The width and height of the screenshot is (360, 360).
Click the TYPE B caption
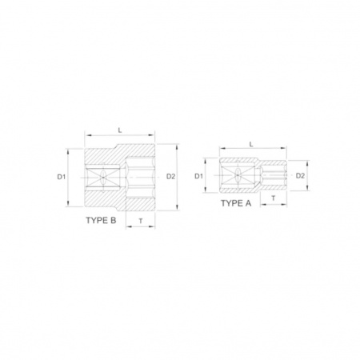point(101,221)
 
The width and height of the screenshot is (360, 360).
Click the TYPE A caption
point(236,203)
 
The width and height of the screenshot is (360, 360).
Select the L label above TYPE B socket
point(120,130)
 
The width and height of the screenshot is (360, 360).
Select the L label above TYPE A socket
point(251,144)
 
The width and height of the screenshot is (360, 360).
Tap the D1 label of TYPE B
point(62,177)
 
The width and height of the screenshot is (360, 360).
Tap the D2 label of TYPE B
point(170,176)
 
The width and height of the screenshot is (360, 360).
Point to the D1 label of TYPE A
point(198,176)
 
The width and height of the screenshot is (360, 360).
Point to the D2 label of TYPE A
point(300,175)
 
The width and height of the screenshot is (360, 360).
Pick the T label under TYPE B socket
point(141,221)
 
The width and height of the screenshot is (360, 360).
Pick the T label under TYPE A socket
point(274,198)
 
